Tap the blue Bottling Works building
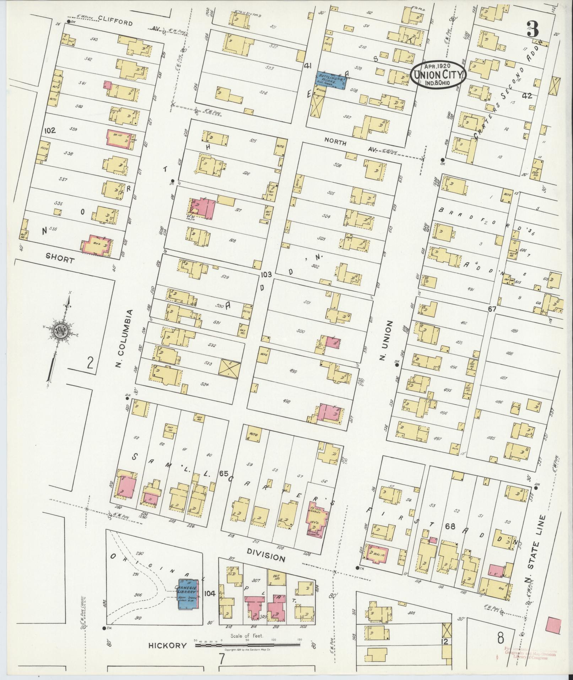[331, 80]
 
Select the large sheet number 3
[533, 29]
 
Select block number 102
[50, 130]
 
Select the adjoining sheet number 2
[90, 364]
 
